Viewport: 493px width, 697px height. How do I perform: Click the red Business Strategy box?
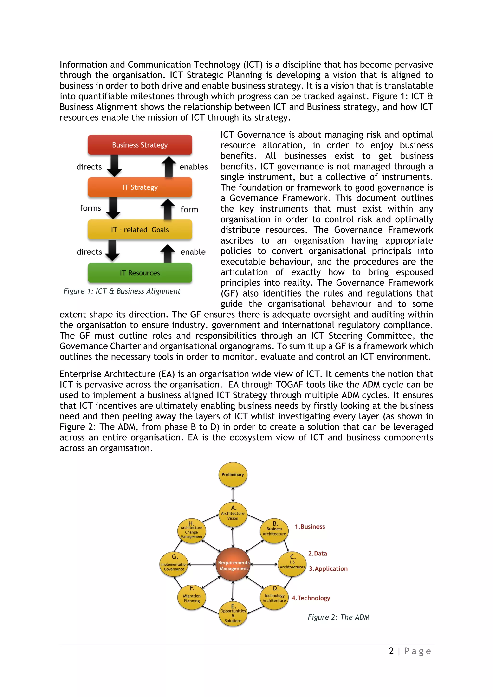tap(140, 145)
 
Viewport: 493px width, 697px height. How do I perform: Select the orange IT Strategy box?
tap(140, 187)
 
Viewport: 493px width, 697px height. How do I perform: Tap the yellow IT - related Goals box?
tap(140, 230)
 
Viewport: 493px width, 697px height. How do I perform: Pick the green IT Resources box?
tap(140, 273)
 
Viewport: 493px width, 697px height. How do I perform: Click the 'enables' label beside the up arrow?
tap(193, 167)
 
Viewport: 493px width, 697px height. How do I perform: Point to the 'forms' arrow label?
tap(90, 208)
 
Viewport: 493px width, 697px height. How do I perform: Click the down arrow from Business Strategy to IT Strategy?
tap(114, 165)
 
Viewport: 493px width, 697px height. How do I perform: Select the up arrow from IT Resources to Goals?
tap(168, 253)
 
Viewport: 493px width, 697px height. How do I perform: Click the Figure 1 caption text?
tap(122, 291)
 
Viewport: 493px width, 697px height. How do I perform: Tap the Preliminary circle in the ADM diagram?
tap(233, 474)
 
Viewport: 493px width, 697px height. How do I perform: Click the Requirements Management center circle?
tap(233, 565)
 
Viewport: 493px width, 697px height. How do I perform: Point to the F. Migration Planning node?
tap(192, 597)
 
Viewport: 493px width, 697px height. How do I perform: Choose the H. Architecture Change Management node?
tap(192, 531)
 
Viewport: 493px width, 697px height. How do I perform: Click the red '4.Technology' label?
tap(311, 598)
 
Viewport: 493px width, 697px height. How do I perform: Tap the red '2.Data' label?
tap(318, 553)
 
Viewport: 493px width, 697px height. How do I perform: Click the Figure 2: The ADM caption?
tap(338, 617)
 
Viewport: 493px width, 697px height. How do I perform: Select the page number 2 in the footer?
tap(391, 651)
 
